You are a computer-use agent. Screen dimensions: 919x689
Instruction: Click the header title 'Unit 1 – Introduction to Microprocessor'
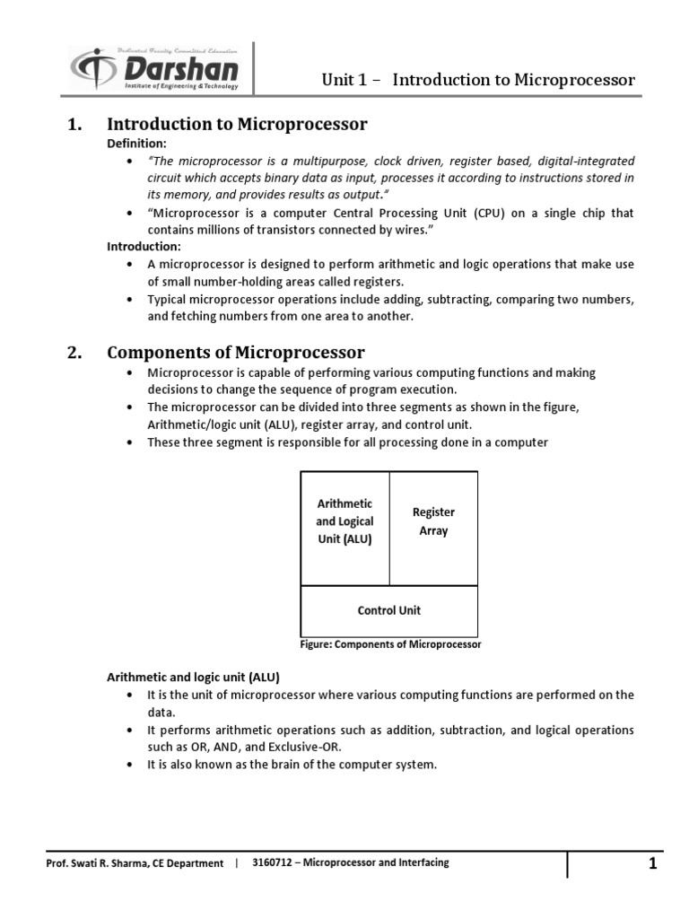[x=478, y=80]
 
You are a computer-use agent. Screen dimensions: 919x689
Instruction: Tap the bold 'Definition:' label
[x=137, y=144]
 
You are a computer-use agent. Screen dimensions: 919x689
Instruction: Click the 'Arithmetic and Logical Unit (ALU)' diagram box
[x=344, y=521]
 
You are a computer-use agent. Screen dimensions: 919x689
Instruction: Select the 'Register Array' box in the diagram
[x=433, y=521]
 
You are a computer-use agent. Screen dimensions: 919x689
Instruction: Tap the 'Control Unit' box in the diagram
[x=388, y=610]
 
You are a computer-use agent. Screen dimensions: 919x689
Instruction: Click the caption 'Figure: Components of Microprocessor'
[x=388, y=644]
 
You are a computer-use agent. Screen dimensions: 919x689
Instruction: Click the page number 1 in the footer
[x=653, y=864]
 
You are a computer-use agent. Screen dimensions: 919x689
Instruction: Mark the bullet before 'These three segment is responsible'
[x=130, y=443]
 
